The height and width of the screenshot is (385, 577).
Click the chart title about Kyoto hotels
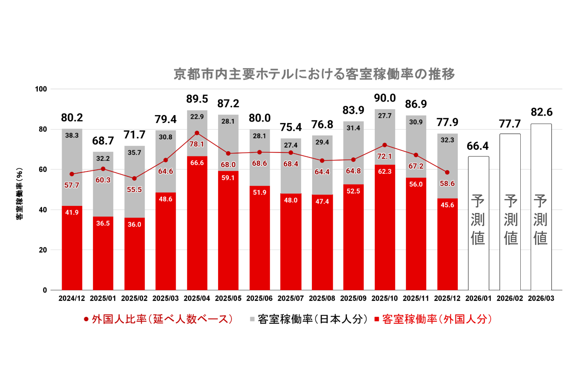(314, 74)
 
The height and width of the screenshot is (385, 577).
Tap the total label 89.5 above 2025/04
(197, 99)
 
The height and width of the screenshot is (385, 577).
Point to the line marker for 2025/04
(197, 133)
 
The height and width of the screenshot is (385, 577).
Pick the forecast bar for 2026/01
(478, 223)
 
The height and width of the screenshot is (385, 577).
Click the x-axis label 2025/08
(322, 298)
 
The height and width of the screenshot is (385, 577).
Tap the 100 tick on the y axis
(41, 89)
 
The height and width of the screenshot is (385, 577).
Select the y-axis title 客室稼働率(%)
(20, 194)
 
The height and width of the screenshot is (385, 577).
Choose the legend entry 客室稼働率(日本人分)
(309, 319)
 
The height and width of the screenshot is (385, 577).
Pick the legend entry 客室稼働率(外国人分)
(433, 319)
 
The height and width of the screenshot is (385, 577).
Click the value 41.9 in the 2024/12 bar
(72, 212)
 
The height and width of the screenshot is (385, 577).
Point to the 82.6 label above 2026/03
(542, 112)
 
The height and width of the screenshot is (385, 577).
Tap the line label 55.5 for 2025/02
(134, 190)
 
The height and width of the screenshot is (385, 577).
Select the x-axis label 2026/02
(510, 298)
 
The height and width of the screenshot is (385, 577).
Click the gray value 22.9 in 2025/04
(197, 117)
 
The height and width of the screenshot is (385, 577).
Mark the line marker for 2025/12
(447, 172)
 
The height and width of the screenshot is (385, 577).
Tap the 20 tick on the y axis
(43, 250)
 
